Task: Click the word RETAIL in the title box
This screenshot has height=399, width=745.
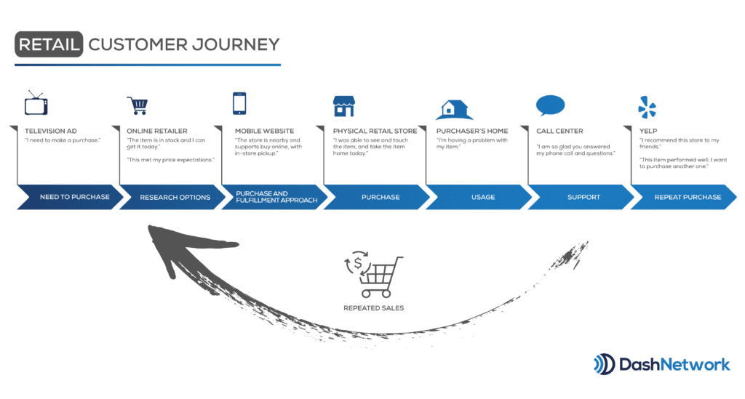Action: click(49, 44)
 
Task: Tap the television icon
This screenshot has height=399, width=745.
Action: click(36, 104)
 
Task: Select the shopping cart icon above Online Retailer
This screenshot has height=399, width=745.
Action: click(138, 105)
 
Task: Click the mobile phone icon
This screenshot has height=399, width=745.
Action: click(240, 103)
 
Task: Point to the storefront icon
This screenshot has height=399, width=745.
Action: click(343, 105)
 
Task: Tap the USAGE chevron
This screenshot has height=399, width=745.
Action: click(480, 197)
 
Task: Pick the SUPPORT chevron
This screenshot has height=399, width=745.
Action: click(582, 197)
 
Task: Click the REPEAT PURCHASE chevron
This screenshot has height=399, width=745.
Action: click(685, 197)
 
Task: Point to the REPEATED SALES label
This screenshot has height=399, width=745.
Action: click(374, 308)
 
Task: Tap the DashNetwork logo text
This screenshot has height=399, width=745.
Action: click(674, 363)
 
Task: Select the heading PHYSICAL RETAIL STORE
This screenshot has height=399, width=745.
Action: click(375, 131)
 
